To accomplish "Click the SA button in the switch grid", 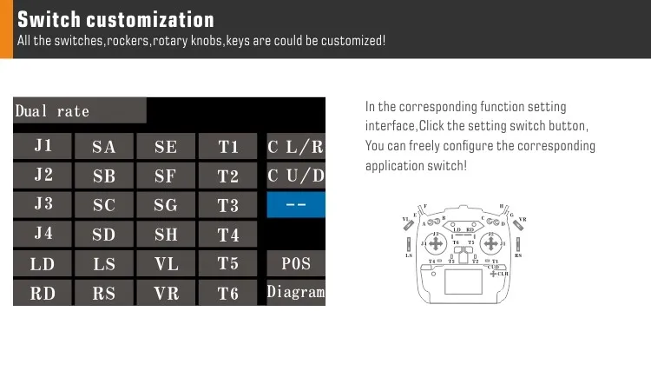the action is click(x=104, y=146).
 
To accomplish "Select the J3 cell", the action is click(x=43, y=205).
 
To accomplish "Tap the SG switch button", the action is click(x=166, y=205).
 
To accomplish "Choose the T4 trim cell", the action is click(x=227, y=235).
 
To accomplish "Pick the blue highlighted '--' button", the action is click(x=296, y=205).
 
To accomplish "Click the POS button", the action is click(x=296, y=263).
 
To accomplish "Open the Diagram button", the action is click(x=296, y=293).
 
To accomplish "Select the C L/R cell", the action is click(x=296, y=146).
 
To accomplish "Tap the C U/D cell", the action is click(x=296, y=176).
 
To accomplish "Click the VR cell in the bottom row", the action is click(x=166, y=293).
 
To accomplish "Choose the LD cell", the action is click(x=43, y=264).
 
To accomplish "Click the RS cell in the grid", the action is click(x=104, y=293).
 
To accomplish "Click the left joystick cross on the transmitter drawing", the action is click(x=436, y=244).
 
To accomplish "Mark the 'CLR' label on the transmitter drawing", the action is click(x=503, y=274).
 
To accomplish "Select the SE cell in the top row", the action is click(x=166, y=146).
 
